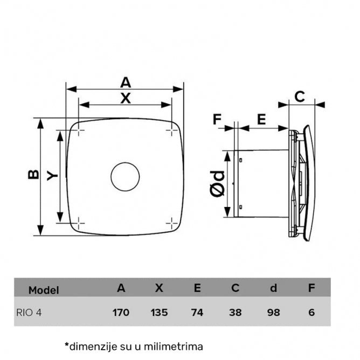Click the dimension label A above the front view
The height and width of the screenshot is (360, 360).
(125, 82)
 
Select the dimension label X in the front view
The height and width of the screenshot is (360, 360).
(125, 98)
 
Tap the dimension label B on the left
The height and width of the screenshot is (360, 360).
(33, 175)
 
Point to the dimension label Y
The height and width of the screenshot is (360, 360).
(51, 175)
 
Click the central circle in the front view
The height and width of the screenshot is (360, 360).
(125, 176)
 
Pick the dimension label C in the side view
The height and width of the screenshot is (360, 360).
(300, 97)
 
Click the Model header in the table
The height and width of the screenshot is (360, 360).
(44, 290)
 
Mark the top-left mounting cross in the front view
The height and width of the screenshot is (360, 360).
(79, 130)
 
